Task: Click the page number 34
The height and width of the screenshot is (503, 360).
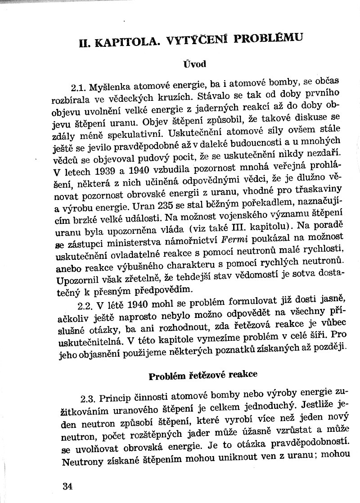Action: (68, 486)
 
